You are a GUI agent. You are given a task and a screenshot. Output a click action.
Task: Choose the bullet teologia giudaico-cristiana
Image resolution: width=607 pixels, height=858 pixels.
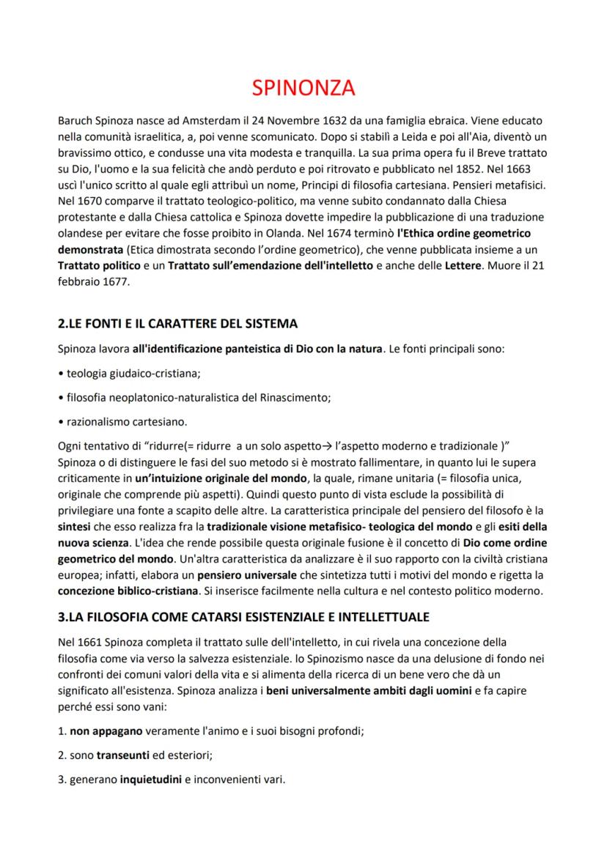click(130, 372)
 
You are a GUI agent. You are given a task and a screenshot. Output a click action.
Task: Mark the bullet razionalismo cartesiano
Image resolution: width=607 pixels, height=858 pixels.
click(126, 422)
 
